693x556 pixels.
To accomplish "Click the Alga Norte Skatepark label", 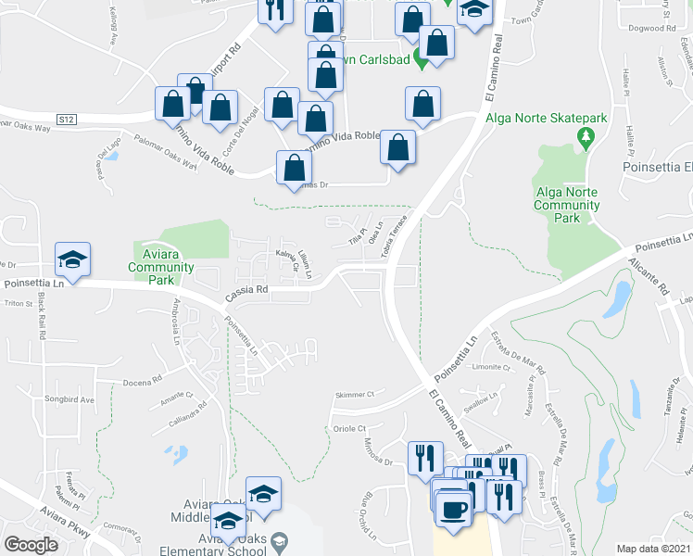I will (x=546, y=118).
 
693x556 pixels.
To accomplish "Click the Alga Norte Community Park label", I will (x=568, y=205).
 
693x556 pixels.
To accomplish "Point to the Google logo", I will (x=31, y=544).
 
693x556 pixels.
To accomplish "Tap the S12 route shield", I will (x=65, y=119).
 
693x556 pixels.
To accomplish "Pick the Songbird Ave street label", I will (x=74, y=400).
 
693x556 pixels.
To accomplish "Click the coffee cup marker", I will (x=453, y=510).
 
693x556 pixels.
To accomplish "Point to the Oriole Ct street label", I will (x=350, y=429).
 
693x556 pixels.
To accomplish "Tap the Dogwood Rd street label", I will (x=645, y=28).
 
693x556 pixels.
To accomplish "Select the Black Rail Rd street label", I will (x=43, y=321).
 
